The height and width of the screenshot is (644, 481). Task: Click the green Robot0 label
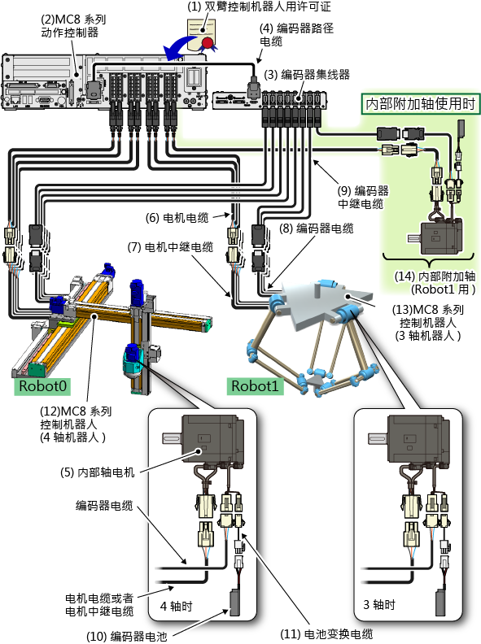42,386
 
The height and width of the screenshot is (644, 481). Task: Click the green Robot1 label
256,386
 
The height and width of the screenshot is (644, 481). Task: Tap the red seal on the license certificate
208,43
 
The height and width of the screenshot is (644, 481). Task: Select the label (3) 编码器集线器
307,75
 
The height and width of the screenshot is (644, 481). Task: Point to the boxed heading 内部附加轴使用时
421,104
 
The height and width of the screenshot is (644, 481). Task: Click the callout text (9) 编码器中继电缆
363,197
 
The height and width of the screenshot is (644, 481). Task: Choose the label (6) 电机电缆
177,218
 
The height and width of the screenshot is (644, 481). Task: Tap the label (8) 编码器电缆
316,228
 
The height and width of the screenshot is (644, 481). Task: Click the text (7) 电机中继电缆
170,247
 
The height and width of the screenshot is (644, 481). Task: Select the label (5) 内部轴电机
98,472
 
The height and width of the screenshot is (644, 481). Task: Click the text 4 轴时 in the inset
176,607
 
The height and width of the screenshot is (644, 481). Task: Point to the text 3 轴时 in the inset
379,605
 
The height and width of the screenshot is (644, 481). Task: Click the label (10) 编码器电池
127,637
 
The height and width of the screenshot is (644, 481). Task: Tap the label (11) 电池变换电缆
326,634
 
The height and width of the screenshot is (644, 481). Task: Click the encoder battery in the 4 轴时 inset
234,603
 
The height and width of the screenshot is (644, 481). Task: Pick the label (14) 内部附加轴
435,283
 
